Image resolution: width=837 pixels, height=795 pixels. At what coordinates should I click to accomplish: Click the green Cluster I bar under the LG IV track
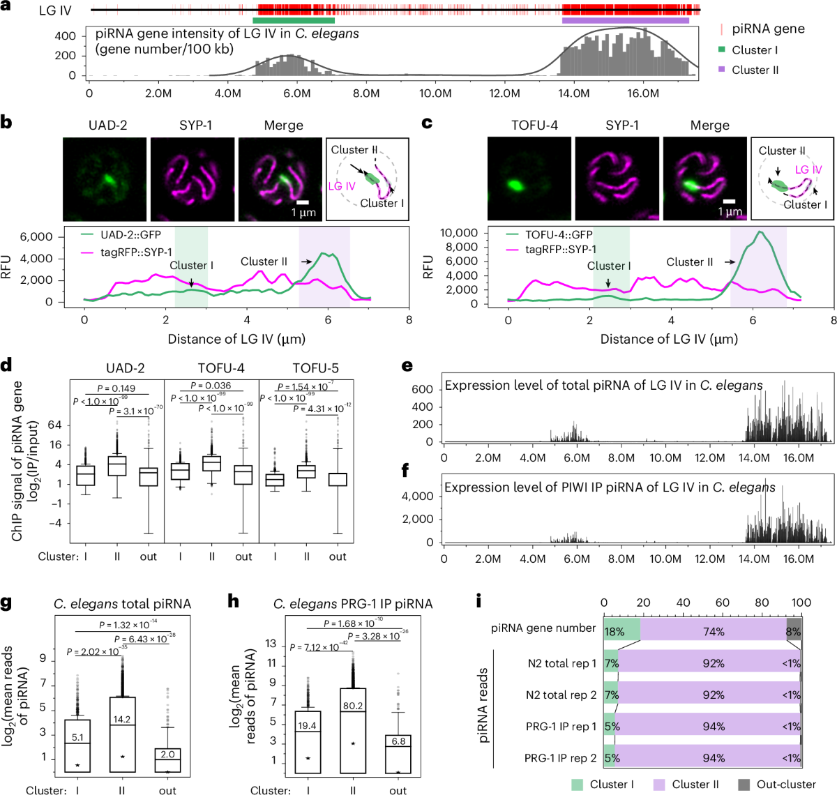click(x=293, y=20)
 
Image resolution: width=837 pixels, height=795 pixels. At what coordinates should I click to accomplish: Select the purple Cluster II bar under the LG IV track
click(x=625, y=20)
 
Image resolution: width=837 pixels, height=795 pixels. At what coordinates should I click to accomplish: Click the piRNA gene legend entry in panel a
click(x=767, y=29)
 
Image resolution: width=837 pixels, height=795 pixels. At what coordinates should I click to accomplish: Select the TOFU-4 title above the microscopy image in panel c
click(x=534, y=126)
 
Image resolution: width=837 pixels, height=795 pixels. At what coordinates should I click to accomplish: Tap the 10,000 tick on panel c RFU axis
click(x=459, y=233)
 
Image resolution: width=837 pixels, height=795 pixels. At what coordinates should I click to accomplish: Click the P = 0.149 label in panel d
click(x=116, y=388)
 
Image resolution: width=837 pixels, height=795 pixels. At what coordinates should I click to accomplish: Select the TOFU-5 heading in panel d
click(x=315, y=368)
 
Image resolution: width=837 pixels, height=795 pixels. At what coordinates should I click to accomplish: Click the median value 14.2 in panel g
click(x=122, y=719)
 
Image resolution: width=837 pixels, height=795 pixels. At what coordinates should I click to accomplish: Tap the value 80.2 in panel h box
click(x=352, y=706)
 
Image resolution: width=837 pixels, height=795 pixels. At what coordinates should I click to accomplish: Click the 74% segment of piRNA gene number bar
click(x=713, y=632)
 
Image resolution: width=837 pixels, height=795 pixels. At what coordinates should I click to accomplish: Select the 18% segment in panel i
click(x=614, y=632)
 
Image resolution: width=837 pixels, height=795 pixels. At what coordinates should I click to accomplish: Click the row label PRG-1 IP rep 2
click(x=560, y=758)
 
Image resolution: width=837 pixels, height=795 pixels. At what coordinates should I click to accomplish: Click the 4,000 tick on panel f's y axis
click(x=419, y=497)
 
